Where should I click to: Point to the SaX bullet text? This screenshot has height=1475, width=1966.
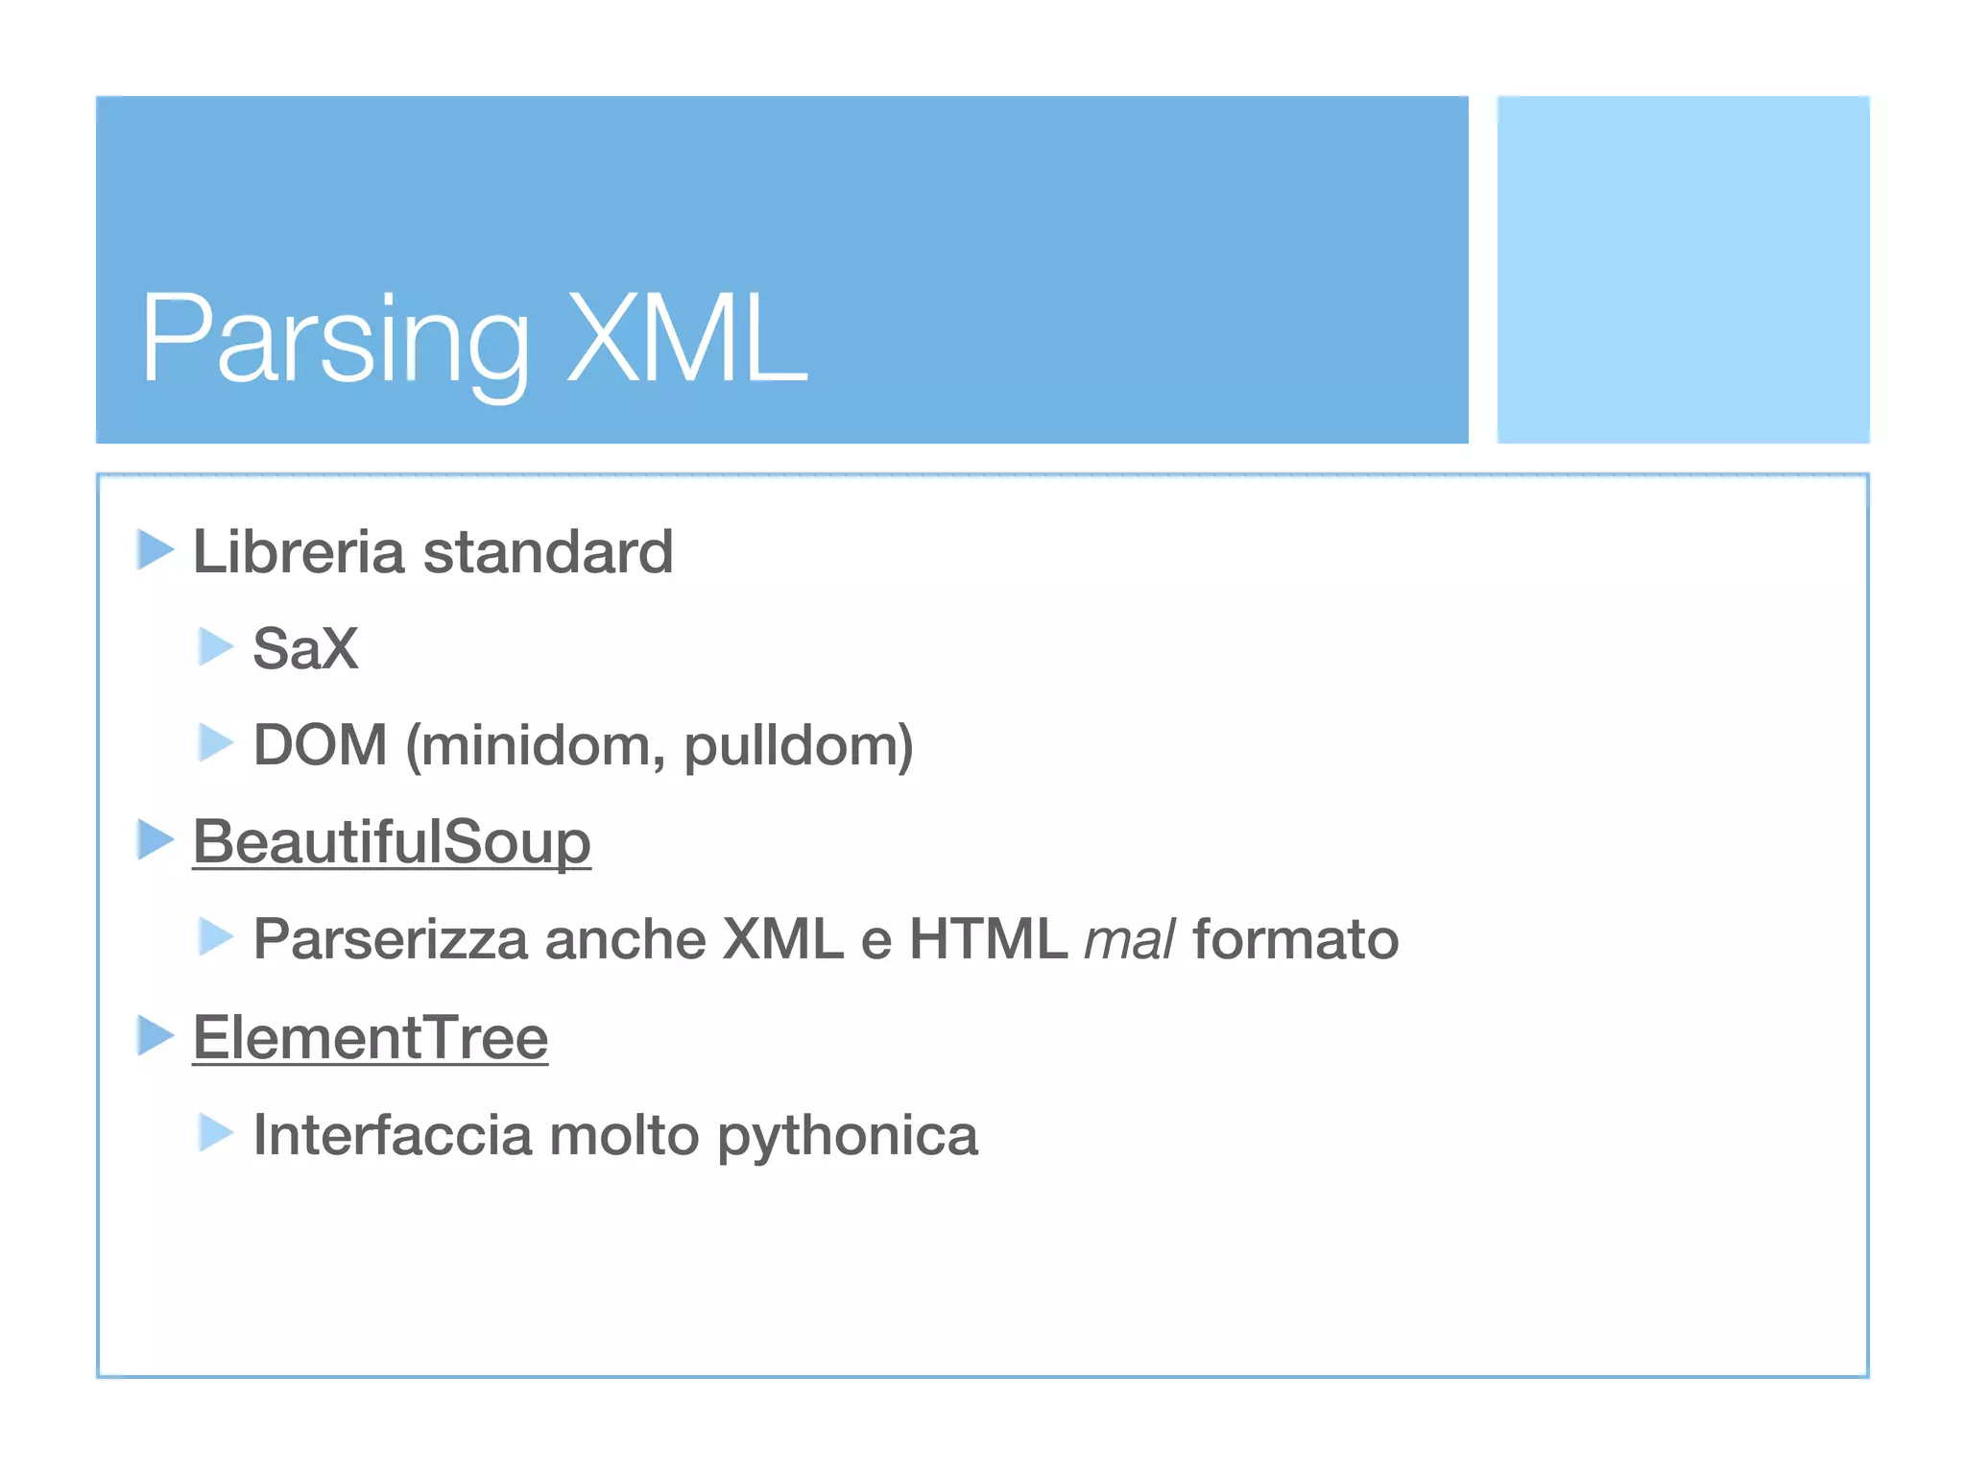(305, 648)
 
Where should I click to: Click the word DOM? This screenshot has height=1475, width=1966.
(321, 745)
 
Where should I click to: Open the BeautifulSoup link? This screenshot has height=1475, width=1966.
(392, 842)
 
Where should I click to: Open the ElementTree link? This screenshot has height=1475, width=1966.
(371, 1038)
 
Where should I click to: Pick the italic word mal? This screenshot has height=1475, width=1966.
(1129, 939)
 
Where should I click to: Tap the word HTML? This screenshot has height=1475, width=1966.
(988, 939)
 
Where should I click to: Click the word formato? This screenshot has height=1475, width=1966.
(1296, 939)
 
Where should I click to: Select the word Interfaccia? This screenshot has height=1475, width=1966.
(393, 1135)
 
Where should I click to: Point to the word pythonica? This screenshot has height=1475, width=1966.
(848, 1137)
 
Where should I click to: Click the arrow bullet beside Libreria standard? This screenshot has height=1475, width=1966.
(155, 550)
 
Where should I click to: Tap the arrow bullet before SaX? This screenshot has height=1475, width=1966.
(216, 646)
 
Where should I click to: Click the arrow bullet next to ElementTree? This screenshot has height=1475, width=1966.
(155, 1035)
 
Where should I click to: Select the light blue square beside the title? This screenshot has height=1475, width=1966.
(1683, 270)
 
